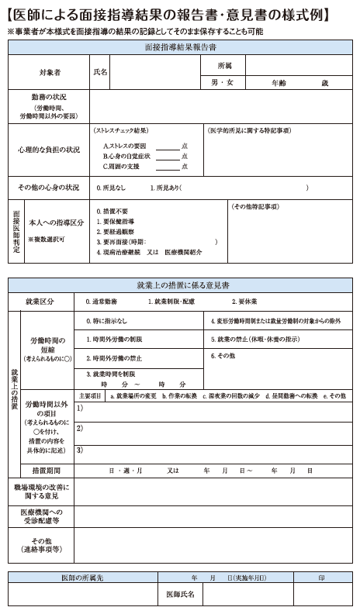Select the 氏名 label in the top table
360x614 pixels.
click(100, 72)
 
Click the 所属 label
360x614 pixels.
click(224, 64)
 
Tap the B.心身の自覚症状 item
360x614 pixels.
click(126, 156)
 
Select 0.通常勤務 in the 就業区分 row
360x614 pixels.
click(102, 302)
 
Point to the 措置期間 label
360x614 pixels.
click(47, 470)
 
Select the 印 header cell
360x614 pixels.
click(321, 578)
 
